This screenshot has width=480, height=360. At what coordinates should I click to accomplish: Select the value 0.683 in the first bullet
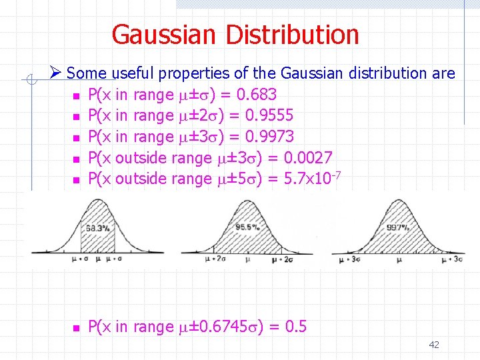(x=255, y=95)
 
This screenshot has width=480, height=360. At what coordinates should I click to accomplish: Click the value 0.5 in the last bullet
(x=295, y=327)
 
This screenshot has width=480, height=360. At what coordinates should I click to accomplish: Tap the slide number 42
(x=434, y=345)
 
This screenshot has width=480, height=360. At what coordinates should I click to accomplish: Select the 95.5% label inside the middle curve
(x=247, y=228)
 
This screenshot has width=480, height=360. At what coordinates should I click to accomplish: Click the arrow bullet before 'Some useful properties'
(x=56, y=73)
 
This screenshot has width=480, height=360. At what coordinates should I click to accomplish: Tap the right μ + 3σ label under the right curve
(x=448, y=259)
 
